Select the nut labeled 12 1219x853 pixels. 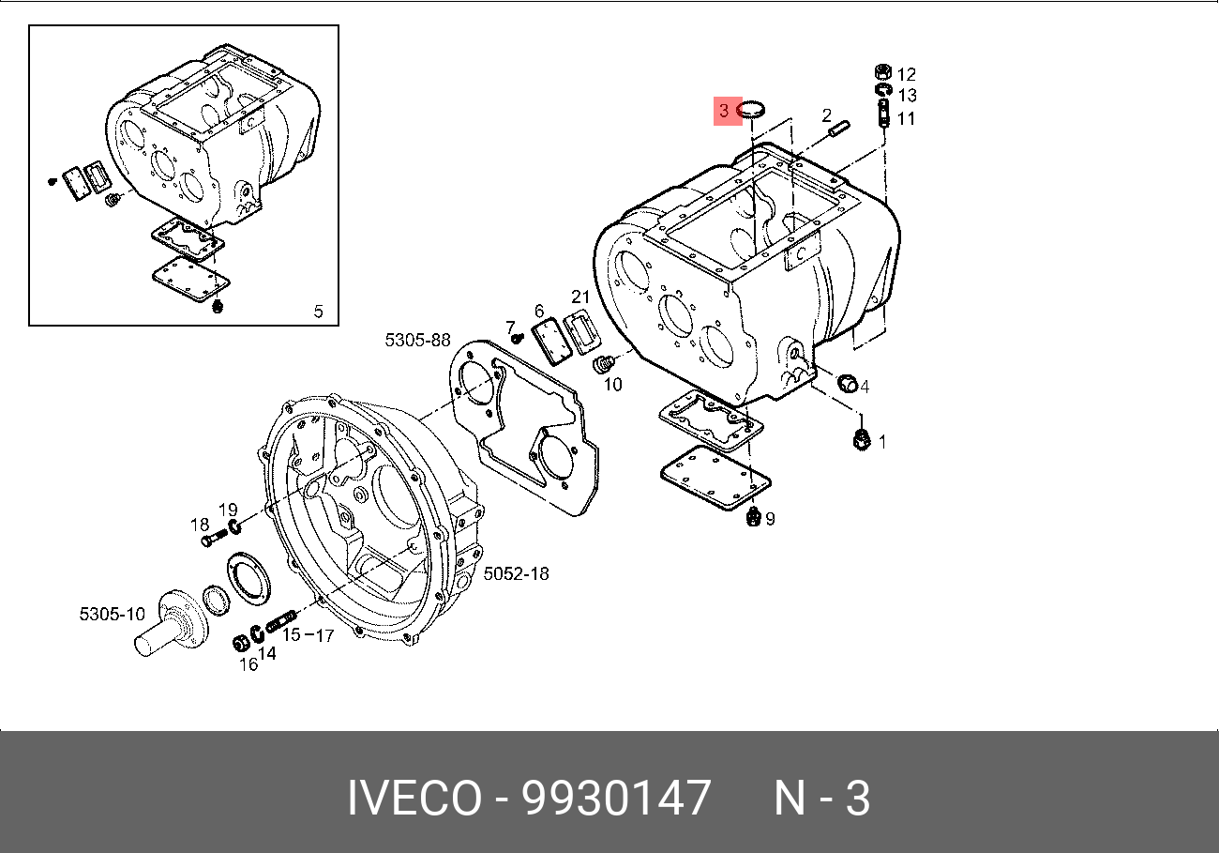pyautogui.click(x=883, y=71)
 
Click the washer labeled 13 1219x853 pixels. pyautogui.click(x=883, y=90)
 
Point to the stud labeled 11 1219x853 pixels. pyautogui.click(x=883, y=114)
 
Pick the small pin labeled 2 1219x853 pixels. pyautogui.click(x=839, y=129)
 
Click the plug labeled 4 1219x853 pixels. pyautogui.click(x=848, y=383)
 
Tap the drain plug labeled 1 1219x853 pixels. pyautogui.click(x=862, y=439)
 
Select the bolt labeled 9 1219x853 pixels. pyautogui.click(x=753, y=516)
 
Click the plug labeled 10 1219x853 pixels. pyautogui.click(x=603, y=363)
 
